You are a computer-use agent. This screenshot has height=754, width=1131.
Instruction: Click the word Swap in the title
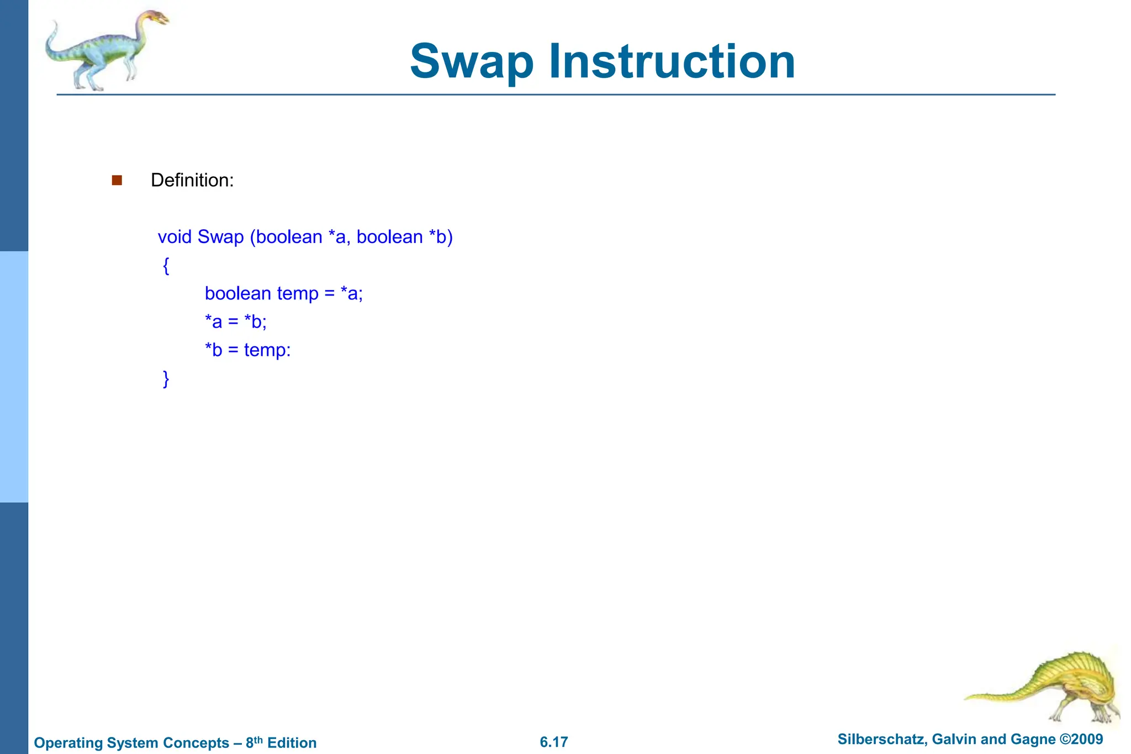pos(472,62)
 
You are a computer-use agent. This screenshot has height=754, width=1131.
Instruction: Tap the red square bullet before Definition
pos(117,180)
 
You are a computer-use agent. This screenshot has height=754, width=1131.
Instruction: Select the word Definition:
pos(192,180)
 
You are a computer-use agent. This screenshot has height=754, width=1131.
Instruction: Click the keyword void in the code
pos(175,237)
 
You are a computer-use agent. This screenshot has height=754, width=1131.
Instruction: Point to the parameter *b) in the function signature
pos(440,237)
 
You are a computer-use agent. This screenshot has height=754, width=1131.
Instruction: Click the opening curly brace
pos(166,266)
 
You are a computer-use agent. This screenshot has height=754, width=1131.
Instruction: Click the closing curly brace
pos(166,379)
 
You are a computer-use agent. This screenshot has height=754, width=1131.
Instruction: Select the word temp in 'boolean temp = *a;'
pos(298,293)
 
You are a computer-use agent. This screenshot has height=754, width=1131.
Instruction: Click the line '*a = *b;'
pos(236,321)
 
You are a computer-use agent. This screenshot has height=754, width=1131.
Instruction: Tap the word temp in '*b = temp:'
pos(266,350)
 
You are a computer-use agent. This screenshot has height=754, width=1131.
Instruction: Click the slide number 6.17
pos(553,742)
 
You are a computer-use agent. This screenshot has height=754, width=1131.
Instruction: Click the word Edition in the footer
pos(292,743)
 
